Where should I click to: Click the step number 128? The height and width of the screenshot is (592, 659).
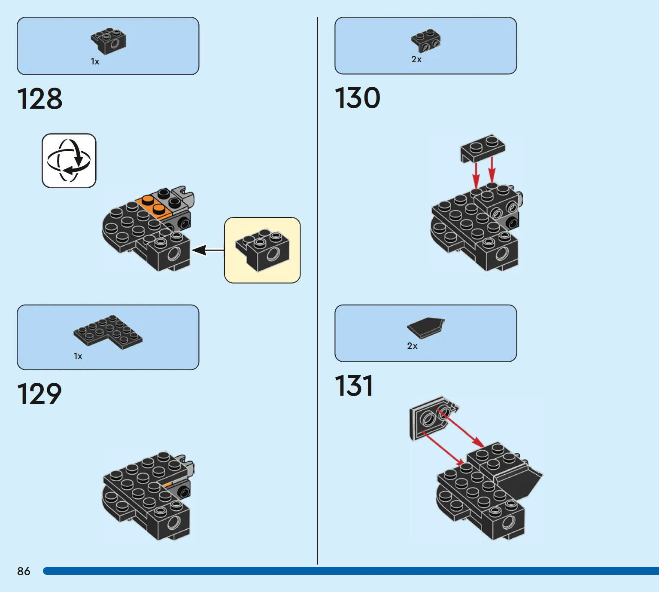click(x=39, y=99)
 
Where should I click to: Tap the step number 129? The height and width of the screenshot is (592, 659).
click(x=39, y=394)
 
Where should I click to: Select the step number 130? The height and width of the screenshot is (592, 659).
click(x=358, y=98)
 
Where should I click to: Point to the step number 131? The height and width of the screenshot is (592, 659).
click(x=354, y=386)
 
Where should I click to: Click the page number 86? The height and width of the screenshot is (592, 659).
click(x=24, y=571)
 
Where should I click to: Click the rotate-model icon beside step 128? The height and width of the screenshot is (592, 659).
click(x=69, y=160)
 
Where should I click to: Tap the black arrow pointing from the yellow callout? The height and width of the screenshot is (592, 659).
click(x=208, y=250)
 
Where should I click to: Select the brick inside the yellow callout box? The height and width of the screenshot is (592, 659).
click(x=262, y=250)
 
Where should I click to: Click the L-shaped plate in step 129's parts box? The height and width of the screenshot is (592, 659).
click(x=108, y=332)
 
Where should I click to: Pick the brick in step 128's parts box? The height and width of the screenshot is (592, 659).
click(x=108, y=41)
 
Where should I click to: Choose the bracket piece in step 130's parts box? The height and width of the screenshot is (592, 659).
click(x=426, y=41)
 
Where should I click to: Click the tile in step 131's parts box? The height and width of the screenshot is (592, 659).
click(x=426, y=328)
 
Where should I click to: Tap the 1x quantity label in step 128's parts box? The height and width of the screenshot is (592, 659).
click(x=95, y=61)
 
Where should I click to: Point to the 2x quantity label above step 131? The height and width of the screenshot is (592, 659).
click(x=412, y=346)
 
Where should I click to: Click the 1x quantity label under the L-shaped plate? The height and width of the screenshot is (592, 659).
click(x=78, y=357)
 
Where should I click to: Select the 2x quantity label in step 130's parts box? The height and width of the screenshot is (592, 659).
click(x=416, y=59)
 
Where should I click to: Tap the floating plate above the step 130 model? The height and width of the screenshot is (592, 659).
click(x=483, y=148)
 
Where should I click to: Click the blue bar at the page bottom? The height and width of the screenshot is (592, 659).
click(x=351, y=571)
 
